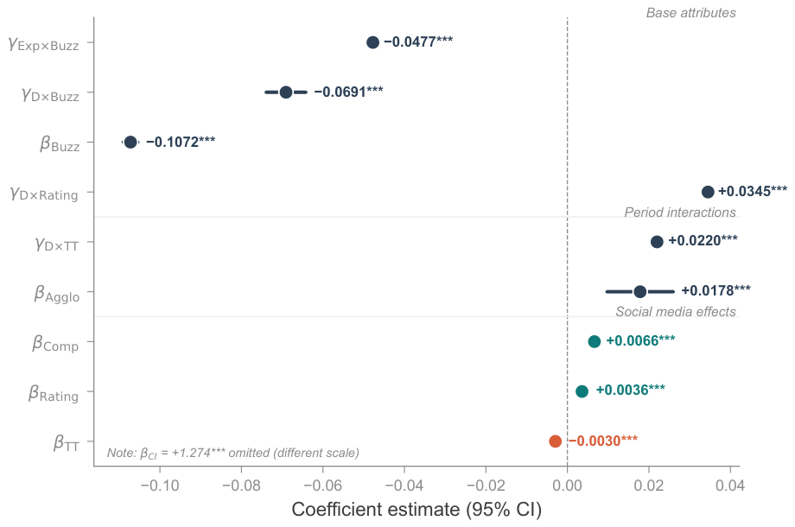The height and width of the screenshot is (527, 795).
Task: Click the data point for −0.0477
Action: [x=372, y=42]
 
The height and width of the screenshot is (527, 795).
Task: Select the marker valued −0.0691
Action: [x=286, y=92]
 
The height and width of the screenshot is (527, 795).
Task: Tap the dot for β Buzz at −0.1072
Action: [x=130, y=143]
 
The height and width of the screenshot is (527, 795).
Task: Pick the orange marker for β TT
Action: [x=555, y=441]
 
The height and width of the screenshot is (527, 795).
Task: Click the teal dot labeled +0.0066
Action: [x=595, y=341]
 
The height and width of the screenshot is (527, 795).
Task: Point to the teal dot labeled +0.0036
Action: [x=582, y=391]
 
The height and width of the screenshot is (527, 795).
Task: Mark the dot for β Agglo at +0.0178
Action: [x=639, y=292]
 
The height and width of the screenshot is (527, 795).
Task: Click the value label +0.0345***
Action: [x=753, y=191]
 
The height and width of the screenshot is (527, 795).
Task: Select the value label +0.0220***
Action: [x=703, y=240]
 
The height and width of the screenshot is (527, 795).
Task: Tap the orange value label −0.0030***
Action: [x=603, y=441]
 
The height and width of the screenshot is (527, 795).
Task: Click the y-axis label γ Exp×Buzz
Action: [x=43, y=44]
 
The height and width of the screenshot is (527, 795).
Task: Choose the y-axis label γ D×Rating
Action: [x=44, y=194]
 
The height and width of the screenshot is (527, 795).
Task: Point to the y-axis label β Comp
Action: [x=55, y=344]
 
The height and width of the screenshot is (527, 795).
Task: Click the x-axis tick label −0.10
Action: [x=160, y=486]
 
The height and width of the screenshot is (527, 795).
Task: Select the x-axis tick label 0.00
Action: [x=568, y=486]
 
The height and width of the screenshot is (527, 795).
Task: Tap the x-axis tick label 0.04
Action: [x=730, y=486]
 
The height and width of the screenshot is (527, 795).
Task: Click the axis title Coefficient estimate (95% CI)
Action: [x=417, y=509]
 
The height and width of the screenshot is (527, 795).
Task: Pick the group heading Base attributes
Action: [x=690, y=13]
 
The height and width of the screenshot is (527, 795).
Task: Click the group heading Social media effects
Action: [x=676, y=312]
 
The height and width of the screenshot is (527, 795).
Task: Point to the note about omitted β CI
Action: [x=232, y=453]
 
